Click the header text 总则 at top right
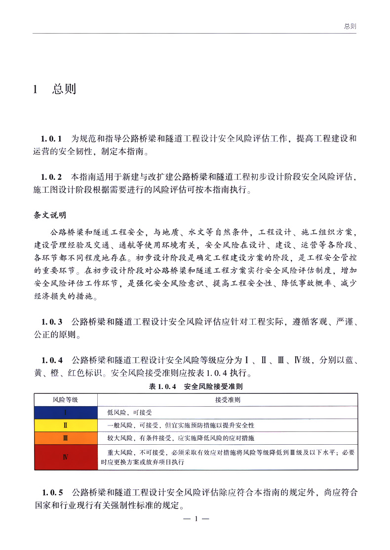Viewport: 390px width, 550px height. coord(350,26)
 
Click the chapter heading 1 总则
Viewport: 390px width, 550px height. coord(54,89)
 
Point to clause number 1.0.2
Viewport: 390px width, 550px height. coord(52,176)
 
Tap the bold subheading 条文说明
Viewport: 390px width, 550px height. coord(50,215)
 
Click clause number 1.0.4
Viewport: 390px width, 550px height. coord(52,359)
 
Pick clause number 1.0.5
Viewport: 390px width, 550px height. coord(53,492)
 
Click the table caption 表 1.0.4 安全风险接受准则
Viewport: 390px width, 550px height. coord(196,386)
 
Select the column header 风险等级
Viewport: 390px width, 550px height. coord(66,399)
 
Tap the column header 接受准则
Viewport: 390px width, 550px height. coord(228,399)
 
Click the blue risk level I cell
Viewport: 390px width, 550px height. coord(66,412)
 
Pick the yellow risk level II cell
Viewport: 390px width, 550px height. coord(66,425)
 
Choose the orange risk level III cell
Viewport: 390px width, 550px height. coord(66,438)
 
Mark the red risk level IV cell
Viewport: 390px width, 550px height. coord(66,457)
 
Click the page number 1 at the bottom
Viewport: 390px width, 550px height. coord(196,519)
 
